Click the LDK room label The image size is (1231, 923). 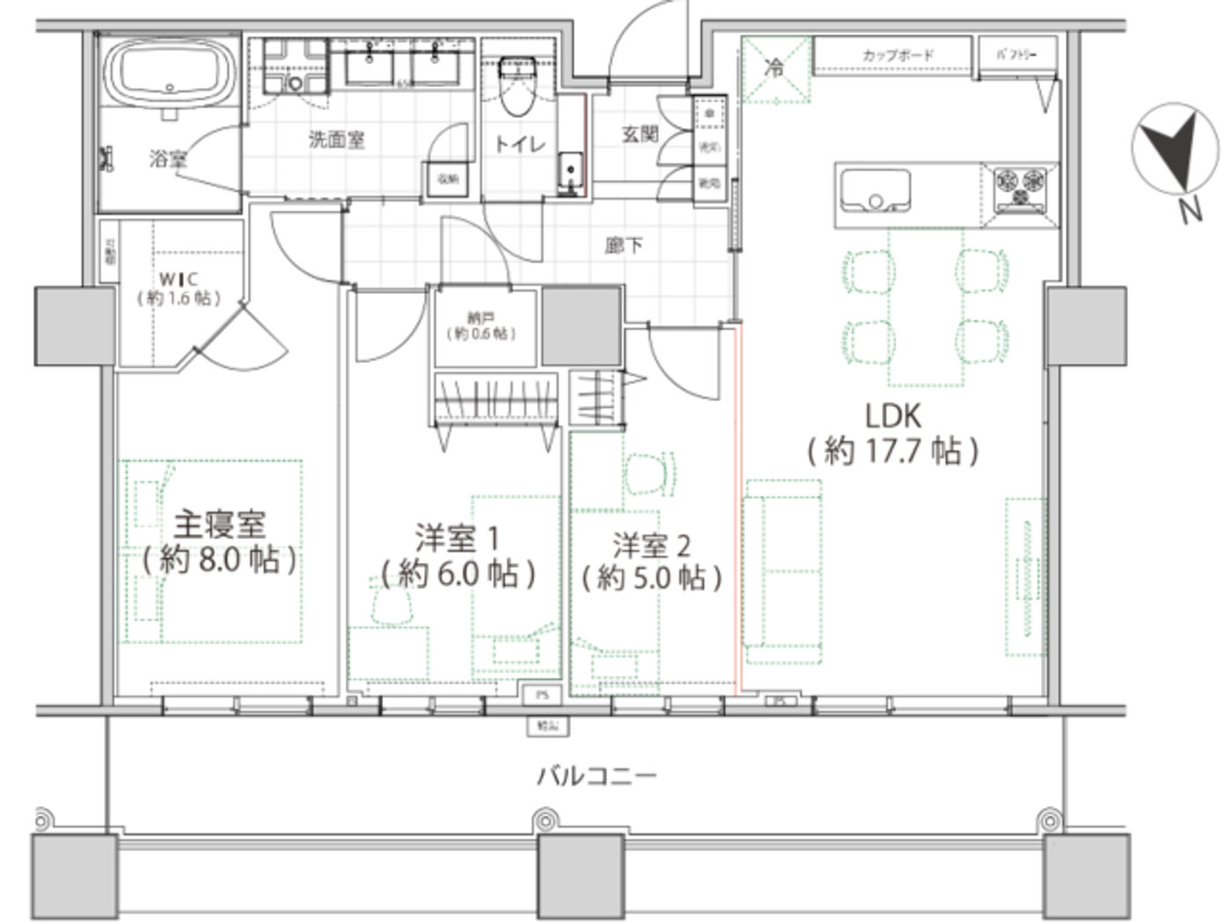point(892,415)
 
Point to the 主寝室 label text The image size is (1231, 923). point(219,525)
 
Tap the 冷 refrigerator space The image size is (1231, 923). point(775,69)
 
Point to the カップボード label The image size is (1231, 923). point(897,55)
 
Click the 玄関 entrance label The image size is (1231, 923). point(639,134)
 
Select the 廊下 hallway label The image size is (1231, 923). point(623,245)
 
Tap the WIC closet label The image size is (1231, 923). point(178,280)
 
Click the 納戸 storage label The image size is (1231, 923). point(481,318)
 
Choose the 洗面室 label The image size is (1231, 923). point(336,139)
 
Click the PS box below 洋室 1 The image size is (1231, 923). point(542,694)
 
